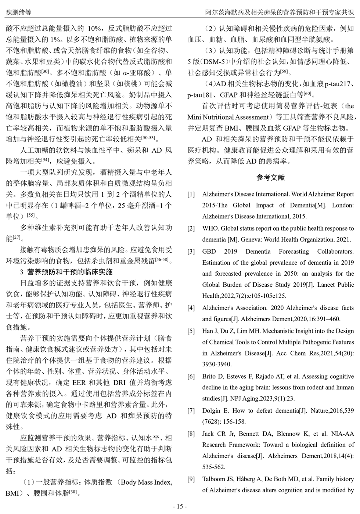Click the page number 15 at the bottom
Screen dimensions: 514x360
180,506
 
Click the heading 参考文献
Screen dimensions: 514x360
271,178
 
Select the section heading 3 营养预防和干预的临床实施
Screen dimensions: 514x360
66,272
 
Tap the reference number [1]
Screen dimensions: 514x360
191,194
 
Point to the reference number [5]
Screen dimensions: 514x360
191,331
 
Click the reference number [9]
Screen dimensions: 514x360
191,479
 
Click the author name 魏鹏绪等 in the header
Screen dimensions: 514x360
18,12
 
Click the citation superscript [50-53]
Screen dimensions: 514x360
148,138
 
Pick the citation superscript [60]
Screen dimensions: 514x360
308,93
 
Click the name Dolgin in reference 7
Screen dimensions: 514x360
212,411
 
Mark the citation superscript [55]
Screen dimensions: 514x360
31,215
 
